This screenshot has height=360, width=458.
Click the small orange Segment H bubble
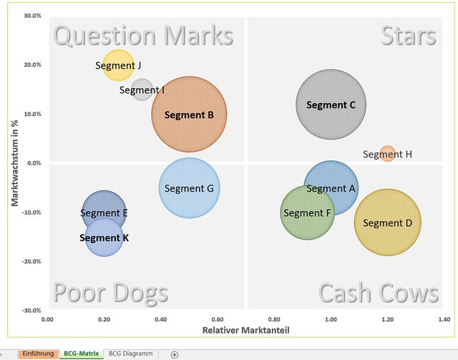click(387, 153)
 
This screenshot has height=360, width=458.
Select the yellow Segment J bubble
click(118, 65)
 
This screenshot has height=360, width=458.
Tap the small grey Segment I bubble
click(142, 89)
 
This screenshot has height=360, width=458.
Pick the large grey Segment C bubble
click(331, 104)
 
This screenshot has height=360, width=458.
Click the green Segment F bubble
click(307, 213)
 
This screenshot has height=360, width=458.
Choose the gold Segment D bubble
click(388, 223)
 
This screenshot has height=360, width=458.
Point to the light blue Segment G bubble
click(189, 188)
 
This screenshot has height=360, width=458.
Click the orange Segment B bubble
click(189, 115)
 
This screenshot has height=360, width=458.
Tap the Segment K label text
click(104, 238)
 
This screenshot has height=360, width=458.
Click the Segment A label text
click(331, 188)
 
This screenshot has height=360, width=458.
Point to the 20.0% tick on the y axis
click(32, 64)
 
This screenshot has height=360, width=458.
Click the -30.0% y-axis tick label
click(31, 311)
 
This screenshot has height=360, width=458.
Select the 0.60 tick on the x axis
click(218, 319)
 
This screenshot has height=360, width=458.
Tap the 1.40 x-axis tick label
click(444, 319)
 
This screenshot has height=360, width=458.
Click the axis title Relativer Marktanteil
click(246, 330)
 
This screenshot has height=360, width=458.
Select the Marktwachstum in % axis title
click(15, 163)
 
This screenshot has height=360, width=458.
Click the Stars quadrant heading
click(409, 36)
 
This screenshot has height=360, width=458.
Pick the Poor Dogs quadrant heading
click(111, 293)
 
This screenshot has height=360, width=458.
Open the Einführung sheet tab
click(38, 354)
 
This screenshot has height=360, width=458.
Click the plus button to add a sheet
click(175, 354)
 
